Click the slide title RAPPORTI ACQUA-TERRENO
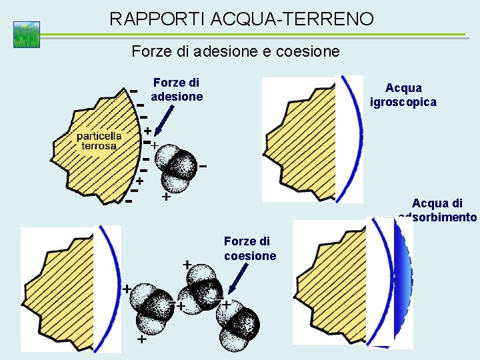pyautogui.click(x=241, y=19)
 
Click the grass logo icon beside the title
pyautogui.click(x=27, y=35)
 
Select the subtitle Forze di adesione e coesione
pyautogui.click(x=235, y=51)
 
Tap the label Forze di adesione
pyautogui.click(x=176, y=89)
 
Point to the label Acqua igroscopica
pyautogui.click(x=403, y=95)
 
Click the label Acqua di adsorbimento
pyautogui.click(x=437, y=210)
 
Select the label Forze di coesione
pyautogui.click(x=249, y=248)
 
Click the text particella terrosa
pyautogui.click(x=99, y=141)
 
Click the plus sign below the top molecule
pyautogui.click(x=165, y=197)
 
